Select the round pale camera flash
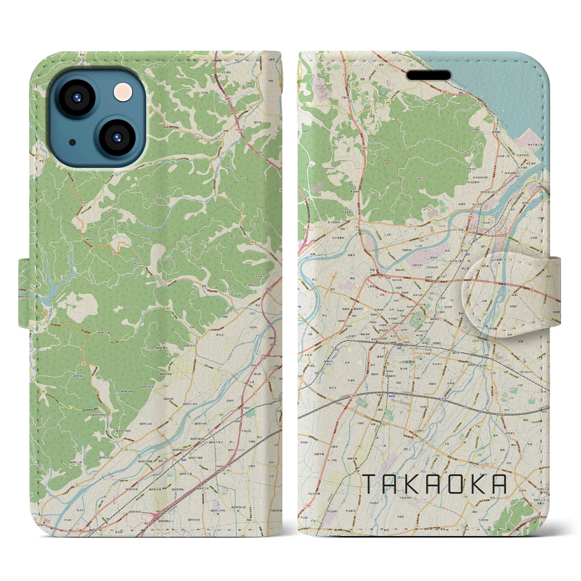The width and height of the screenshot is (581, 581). coord(123,92)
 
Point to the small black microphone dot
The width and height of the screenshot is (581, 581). coord(72,142)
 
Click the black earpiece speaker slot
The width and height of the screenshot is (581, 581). coord(428,75)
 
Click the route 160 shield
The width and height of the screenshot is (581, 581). coord(364,148)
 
